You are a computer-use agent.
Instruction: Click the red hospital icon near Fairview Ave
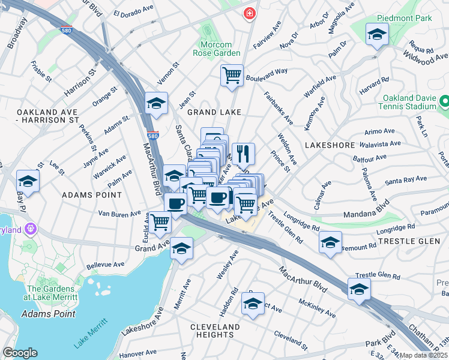248,13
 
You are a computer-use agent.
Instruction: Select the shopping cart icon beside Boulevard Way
232,76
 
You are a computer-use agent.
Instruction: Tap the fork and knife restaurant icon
243,153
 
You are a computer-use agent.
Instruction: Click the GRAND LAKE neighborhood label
214,112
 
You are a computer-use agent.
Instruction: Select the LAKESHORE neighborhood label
331,145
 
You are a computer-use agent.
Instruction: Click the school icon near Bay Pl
28,181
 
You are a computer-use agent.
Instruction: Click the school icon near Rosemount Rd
330,242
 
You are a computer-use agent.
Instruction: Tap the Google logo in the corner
20,353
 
